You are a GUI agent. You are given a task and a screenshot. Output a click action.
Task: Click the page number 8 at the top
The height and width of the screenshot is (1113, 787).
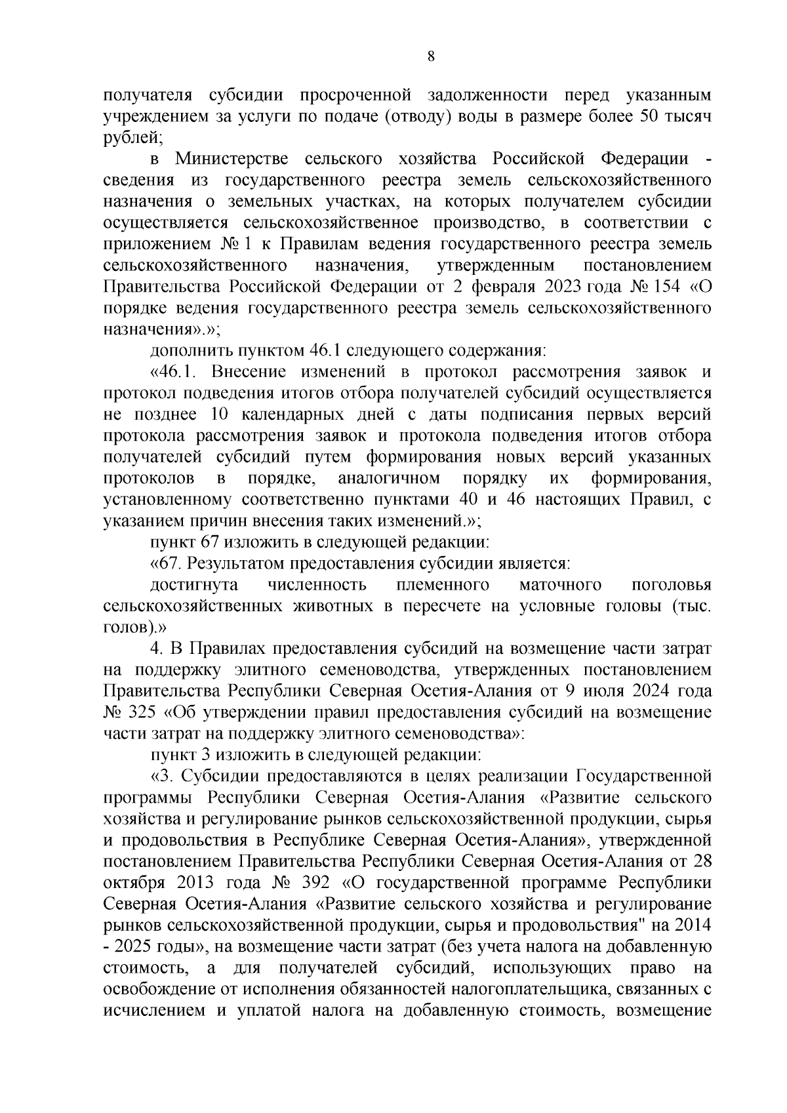(430, 56)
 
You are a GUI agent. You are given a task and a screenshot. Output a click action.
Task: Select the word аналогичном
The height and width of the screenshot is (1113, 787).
(388, 478)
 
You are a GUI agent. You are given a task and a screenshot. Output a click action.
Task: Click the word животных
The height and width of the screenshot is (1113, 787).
(334, 606)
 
